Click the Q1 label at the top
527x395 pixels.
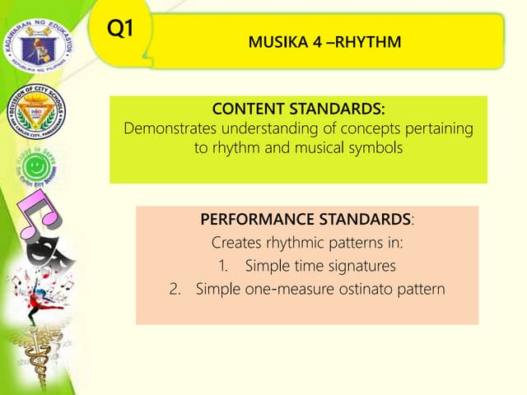[x=120, y=29]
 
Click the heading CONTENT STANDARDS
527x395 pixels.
[x=299, y=109]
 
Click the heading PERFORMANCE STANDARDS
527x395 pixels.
[x=306, y=221]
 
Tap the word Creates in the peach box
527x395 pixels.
[x=235, y=244]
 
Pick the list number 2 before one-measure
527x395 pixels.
[x=185, y=290]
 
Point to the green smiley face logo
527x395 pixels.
[x=36, y=169]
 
